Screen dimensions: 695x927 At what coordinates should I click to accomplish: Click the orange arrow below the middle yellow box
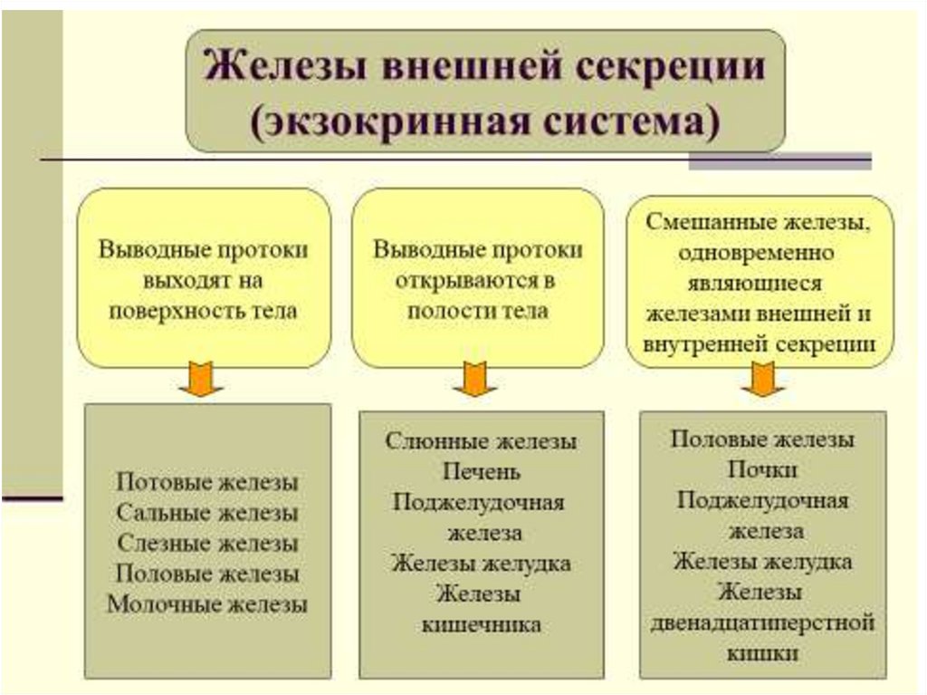point(474,379)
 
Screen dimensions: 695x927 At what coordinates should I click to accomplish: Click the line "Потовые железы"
point(207,482)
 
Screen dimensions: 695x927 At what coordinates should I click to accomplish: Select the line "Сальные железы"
point(207,512)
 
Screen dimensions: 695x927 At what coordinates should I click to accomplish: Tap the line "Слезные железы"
point(207,543)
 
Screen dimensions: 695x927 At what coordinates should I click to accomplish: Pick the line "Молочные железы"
point(207,603)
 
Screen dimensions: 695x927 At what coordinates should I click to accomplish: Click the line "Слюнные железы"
point(481,441)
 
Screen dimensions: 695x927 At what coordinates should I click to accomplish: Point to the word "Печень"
point(482,472)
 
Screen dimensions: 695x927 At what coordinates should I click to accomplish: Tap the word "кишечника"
point(482,624)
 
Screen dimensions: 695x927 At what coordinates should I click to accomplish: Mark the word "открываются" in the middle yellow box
point(464,281)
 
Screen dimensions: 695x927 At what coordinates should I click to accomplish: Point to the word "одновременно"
point(761,253)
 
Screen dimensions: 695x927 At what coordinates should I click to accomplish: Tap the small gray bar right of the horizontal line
point(779,162)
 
